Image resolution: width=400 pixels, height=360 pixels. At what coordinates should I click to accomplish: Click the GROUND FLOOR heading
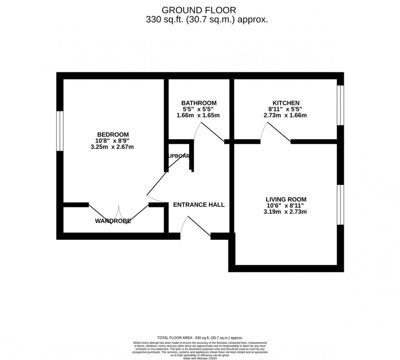(x=199, y=10)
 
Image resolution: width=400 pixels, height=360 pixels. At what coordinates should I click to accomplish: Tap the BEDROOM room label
(x=113, y=135)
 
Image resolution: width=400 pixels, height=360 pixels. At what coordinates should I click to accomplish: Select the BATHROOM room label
(x=199, y=103)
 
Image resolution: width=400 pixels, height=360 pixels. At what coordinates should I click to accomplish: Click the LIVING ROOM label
(x=286, y=199)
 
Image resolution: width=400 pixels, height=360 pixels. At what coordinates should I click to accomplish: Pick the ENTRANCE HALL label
(x=199, y=205)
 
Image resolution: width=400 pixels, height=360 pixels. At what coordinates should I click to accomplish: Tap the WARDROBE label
(x=113, y=221)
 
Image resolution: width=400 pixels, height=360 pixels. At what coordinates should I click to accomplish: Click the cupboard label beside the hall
(x=178, y=156)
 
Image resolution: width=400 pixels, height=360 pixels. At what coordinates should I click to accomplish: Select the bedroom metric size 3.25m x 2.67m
(x=112, y=147)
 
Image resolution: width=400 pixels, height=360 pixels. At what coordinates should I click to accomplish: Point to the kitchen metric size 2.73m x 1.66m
(x=285, y=115)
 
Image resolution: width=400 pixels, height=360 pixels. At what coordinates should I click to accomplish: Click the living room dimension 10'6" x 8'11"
(x=286, y=205)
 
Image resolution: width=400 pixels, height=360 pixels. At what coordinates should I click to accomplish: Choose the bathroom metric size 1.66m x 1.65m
(x=198, y=115)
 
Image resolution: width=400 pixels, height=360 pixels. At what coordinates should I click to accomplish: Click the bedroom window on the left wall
(x=60, y=131)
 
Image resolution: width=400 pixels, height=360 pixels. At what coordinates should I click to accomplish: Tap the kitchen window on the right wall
(x=340, y=105)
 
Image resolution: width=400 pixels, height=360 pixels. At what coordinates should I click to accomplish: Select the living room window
(x=340, y=204)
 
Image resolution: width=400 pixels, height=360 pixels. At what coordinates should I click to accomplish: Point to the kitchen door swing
(x=276, y=133)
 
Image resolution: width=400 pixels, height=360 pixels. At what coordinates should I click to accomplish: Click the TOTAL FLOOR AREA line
(x=200, y=338)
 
